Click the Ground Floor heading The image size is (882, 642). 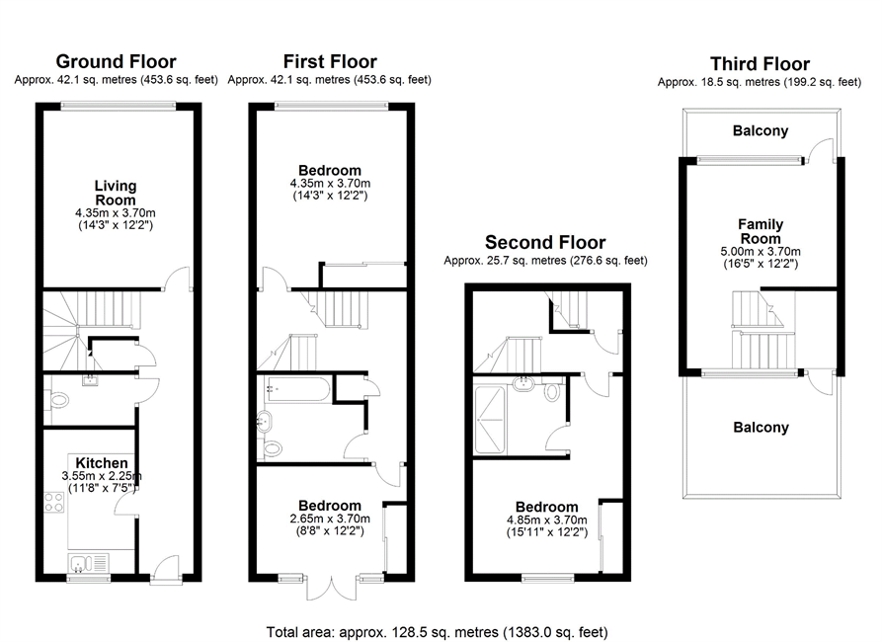click(116, 61)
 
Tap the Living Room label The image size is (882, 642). click(116, 193)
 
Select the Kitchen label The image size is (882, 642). click(102, 463)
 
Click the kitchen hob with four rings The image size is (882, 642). click(54, 502)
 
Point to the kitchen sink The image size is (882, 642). click(89, 563)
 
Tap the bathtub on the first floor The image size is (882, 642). click(297, 389)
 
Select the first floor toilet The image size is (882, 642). click(273, 448)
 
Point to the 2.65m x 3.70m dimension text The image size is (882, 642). click(330, 519)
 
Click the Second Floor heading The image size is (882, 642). click(545, 243)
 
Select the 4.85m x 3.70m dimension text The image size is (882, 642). click(547, 520)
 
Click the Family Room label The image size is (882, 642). click(761, 231)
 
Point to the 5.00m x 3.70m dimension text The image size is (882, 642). click(761, 252)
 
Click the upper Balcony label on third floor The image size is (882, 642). click(761, 131)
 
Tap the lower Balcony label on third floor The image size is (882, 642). click(762, 428)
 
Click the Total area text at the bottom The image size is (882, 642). click(438, 632)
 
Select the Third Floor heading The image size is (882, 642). click(760, 63)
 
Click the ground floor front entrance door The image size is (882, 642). click(165, 570)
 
